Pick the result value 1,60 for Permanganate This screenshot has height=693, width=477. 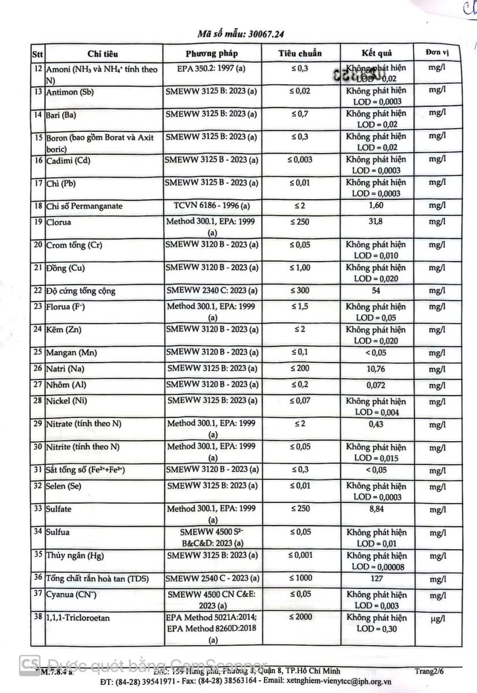click(376, 206)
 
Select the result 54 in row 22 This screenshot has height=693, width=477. click(376, 290)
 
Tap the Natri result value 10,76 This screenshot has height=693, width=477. click(376, 369)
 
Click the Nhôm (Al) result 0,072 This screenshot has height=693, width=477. click(376, 385)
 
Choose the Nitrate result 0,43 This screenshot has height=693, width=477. click(376, 424)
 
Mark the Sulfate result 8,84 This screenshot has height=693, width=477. click(376, 509)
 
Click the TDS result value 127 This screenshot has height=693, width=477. click(376, 578)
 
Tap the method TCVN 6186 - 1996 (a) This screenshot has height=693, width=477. click(212, 206)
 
